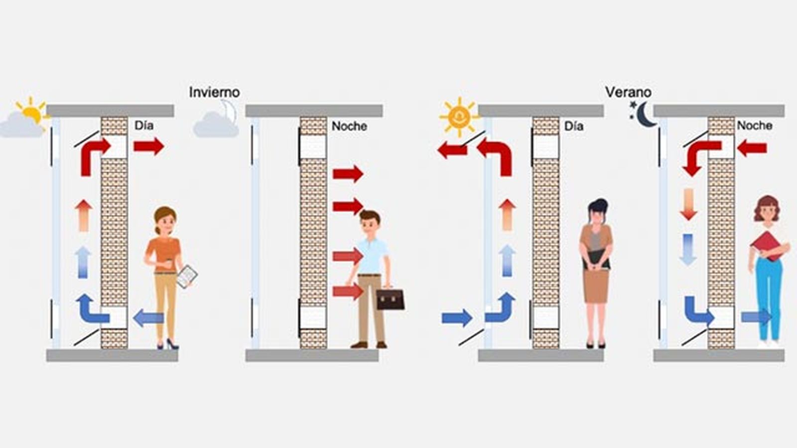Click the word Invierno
(214, 92)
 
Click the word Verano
(628, 92)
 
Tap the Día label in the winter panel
(143, 125)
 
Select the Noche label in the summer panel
(754, 125)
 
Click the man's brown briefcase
(390, 299)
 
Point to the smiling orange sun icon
(458, 116)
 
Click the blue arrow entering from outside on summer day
(456, 318)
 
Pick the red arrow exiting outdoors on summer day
(451, 149)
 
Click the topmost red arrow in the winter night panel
(348, 174)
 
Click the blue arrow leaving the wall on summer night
(755, 317)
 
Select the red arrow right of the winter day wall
(148, 146)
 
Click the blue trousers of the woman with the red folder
(769, 294)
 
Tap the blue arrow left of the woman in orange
(148, 317)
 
